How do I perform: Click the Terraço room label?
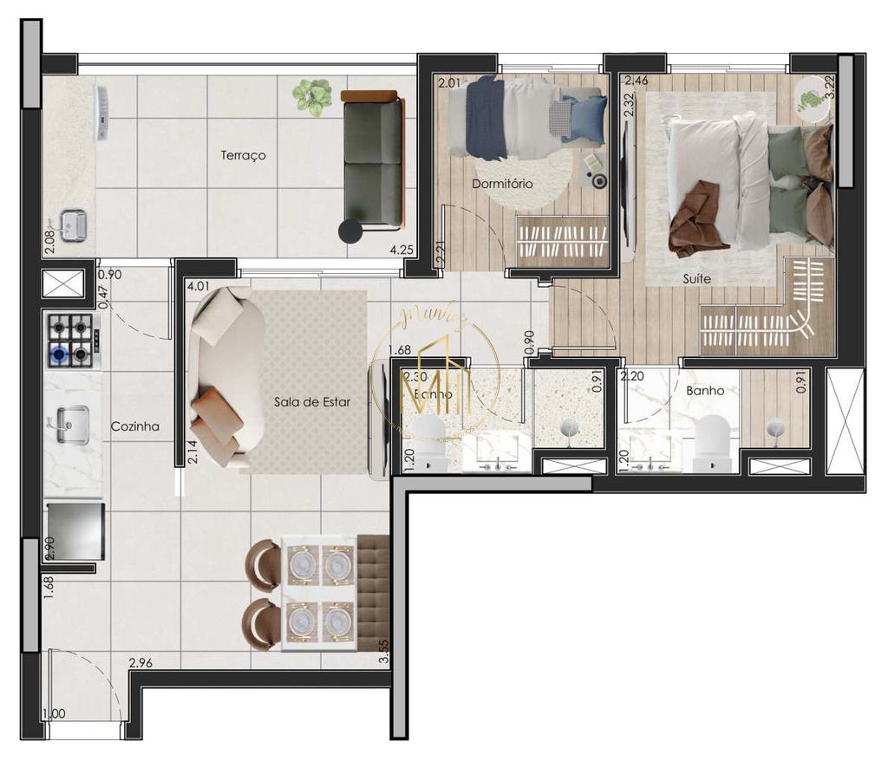243,156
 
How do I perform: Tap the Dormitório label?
502,185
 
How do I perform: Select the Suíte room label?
696,279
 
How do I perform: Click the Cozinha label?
134,426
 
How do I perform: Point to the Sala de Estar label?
312,402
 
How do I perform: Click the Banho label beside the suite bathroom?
705,391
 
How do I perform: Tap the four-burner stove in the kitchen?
71,339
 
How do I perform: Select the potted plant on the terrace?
312,96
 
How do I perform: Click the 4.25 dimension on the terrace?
401,250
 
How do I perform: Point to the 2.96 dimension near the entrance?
141,664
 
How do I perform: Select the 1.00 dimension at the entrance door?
54,714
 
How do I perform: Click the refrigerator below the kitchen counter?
75,529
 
